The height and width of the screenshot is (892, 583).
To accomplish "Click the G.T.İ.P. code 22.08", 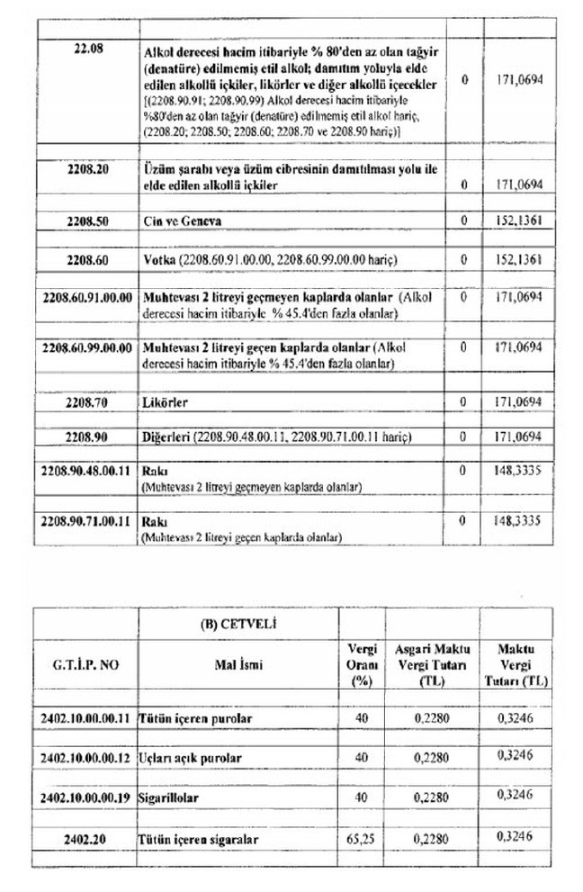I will [x=87, y=47].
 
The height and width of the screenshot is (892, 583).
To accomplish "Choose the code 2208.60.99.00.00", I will [x=87, y=347].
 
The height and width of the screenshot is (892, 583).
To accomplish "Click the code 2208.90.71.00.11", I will [x=87, y=520].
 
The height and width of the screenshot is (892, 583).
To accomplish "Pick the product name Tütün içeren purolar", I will [x=194, y=719].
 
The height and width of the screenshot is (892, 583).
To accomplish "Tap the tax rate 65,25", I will [x=362, y=837].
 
